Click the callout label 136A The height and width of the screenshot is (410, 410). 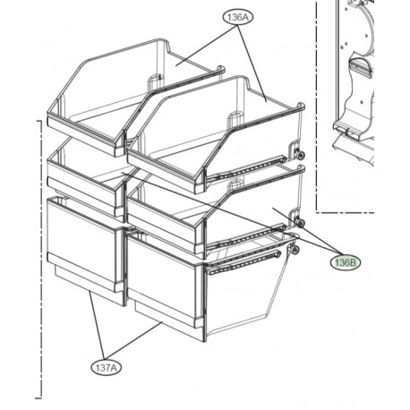(x=238, y=17)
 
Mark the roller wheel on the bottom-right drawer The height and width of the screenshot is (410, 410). (x=294, y=252)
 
